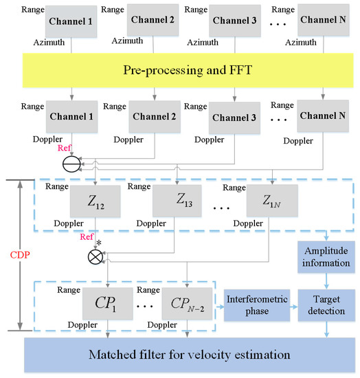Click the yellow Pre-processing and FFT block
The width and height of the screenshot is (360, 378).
click(180, 70)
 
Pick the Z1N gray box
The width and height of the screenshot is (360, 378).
click(269, 202)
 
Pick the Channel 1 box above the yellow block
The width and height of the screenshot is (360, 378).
click(69, 21)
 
